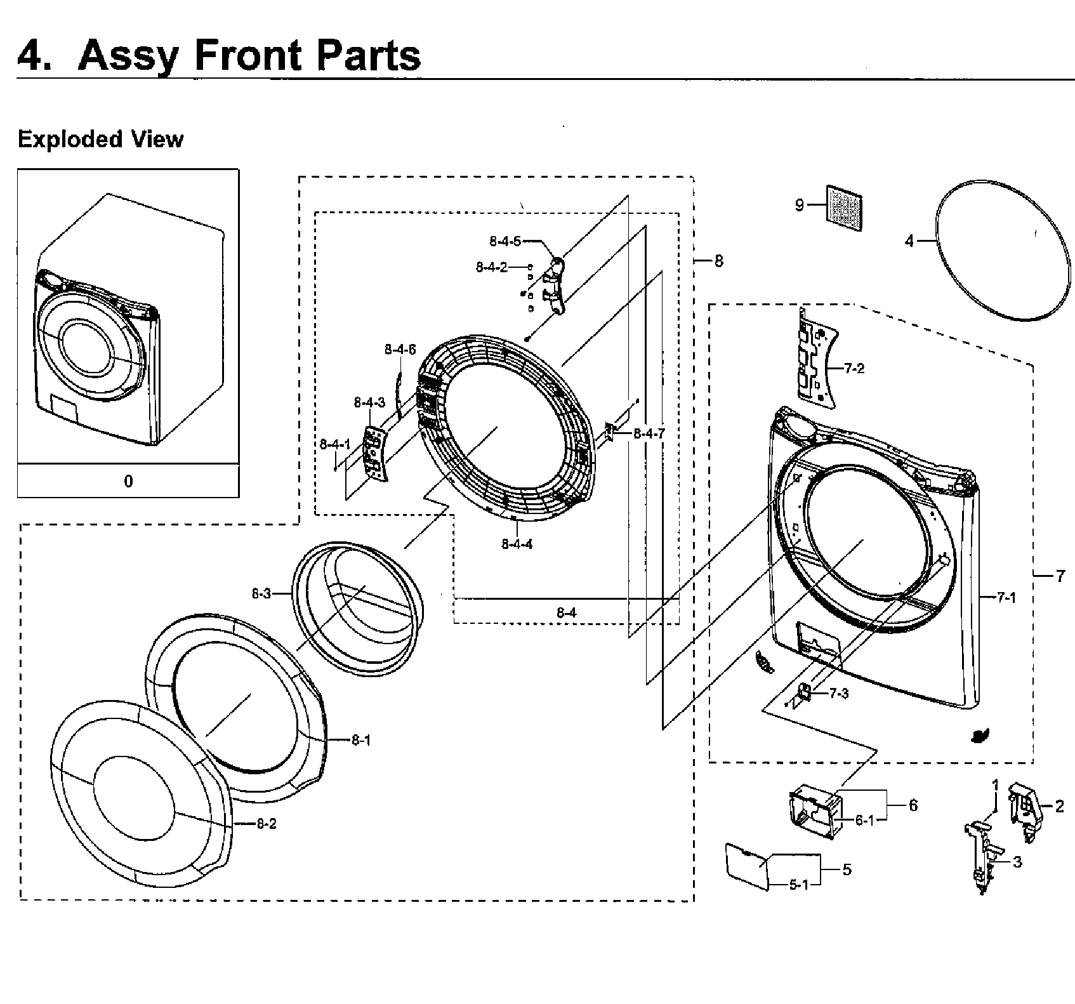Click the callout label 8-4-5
[505, 241]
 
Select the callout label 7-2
[855, 368]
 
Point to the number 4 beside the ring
[909, 241]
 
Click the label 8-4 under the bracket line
[567, 612]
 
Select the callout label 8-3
[261, 594]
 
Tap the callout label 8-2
[267, 824]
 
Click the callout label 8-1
[361, 740]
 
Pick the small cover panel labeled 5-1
[746, 864]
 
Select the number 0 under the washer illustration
[128, 481]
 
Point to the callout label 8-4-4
[517, 544]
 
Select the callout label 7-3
[839, 694]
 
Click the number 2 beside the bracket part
[1059, 806]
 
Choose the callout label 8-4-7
[649, 433]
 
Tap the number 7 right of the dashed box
[1060, 576]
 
